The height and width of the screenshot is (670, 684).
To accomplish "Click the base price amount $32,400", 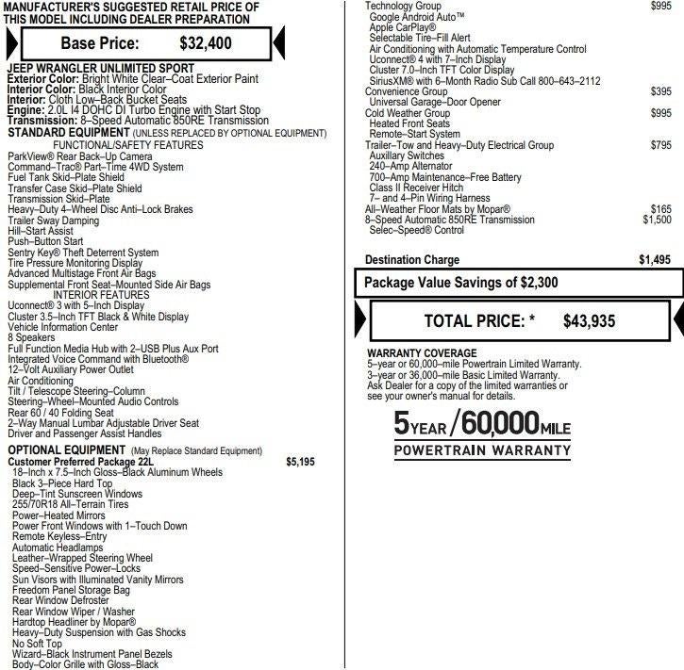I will (205, 42).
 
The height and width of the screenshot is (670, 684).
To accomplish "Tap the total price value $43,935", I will (589, 321).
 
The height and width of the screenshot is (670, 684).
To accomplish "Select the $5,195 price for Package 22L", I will (300, 462).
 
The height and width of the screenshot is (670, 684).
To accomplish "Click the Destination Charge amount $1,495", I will (655, 260).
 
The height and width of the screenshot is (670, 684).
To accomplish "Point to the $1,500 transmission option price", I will (657, 220).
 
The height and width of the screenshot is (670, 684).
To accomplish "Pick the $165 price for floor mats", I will (661, 209).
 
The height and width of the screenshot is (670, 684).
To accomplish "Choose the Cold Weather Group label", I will (408, 113).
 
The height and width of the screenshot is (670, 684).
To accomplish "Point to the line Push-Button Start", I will (45, 241).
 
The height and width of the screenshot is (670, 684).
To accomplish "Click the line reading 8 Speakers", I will (32, 337).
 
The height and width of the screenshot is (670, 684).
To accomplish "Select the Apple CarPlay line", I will (403, 27).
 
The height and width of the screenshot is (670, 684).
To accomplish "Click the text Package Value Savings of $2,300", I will (461, 283).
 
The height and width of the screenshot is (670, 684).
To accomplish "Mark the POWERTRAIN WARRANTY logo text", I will (482, 450).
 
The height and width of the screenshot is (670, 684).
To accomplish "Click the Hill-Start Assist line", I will (41, 230).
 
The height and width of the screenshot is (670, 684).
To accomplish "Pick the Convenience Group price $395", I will (661, 91).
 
